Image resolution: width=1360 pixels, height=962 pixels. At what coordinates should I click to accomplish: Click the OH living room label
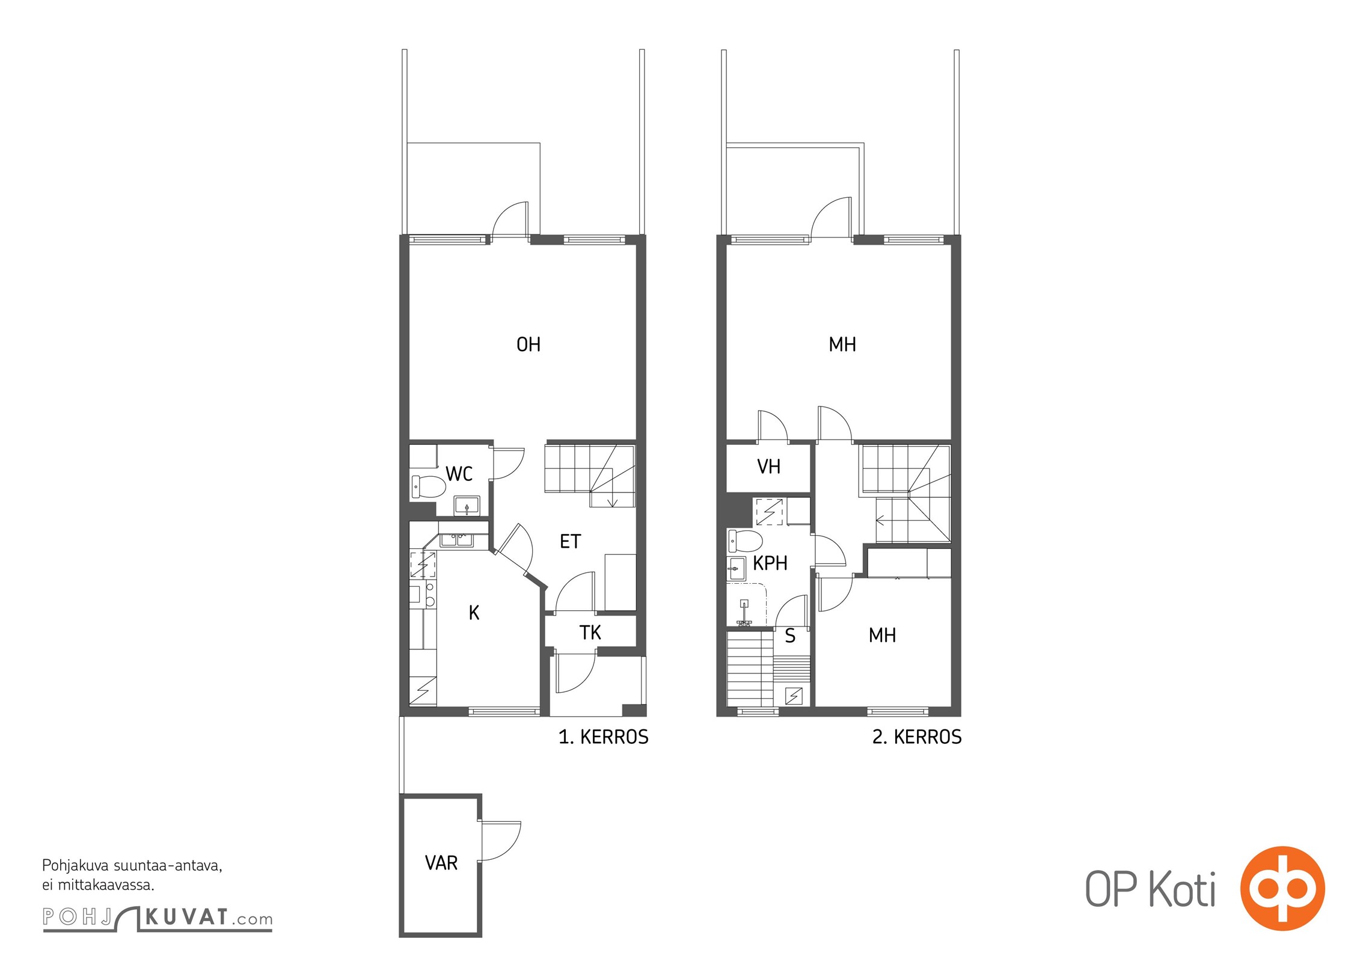click(528, 345)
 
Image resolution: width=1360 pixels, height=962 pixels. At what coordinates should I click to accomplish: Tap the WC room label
click(459, 474)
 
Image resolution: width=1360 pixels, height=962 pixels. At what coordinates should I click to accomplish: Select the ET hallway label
click(570, 541)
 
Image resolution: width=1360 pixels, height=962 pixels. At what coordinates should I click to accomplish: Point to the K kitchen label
click(474, 613)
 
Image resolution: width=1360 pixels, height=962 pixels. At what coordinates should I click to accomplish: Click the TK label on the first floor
click(590, 633)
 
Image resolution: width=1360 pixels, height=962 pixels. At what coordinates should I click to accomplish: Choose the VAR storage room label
click(441, 863)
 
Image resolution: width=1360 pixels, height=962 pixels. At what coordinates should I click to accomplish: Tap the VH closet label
click(769, 467)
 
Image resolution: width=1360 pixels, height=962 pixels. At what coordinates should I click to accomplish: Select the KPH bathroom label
click(770, 563)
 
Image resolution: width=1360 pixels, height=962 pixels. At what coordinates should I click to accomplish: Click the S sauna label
click(790, 636)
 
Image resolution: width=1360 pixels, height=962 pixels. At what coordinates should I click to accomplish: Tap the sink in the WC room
click(467, 505)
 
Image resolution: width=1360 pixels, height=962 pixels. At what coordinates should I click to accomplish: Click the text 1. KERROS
click(604, 737)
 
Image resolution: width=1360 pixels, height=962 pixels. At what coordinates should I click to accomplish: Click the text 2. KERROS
click(917, 737)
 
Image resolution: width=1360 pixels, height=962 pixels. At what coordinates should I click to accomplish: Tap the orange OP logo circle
click(1282, 888)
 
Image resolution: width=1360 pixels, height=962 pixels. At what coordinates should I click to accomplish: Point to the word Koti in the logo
click(1182, 890)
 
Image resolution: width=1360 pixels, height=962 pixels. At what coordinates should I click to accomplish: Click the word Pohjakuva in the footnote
click(75, 866)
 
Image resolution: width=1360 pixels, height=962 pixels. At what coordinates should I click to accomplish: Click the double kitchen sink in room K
click(456, 540)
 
